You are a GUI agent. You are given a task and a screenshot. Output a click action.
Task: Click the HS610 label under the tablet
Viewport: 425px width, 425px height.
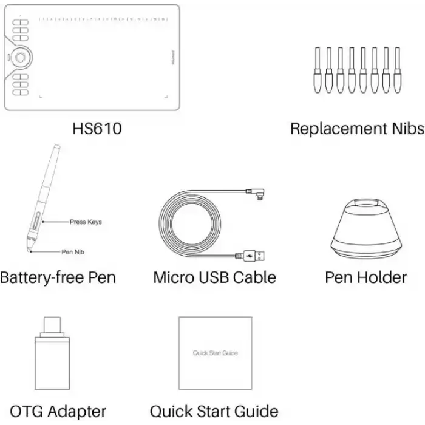point(97,129)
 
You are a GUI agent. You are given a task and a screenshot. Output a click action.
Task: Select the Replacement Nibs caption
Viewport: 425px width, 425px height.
point(356,129)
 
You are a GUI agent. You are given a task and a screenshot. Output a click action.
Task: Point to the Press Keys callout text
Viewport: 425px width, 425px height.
point(86,222)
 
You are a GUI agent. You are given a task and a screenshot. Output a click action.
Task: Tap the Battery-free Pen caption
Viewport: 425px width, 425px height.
point(58,277)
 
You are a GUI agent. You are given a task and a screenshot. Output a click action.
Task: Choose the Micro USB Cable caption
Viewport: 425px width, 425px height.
point(214,277)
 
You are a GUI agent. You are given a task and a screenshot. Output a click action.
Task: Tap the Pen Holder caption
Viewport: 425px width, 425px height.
point(365,277)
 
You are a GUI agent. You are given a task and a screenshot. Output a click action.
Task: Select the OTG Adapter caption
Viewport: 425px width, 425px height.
point(58,411)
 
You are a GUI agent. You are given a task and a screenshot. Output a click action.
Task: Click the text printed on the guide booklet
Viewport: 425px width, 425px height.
point(215,353)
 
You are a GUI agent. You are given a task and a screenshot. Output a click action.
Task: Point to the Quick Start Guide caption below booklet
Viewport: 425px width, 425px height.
point(214,411)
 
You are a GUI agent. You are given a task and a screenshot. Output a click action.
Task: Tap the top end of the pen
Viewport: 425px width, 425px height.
point(56,148)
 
